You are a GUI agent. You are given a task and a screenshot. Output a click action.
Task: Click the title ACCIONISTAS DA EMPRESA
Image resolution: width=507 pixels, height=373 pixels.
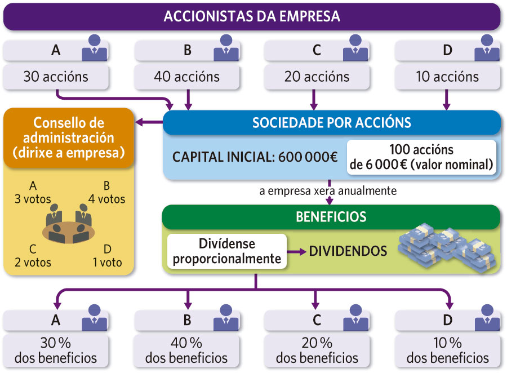[x=252, y=16]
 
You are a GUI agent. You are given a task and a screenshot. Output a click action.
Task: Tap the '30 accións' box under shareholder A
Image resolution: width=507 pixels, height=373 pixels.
[x=56, y=77]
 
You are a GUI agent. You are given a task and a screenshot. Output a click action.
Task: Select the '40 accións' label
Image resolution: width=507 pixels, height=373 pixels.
[x=186, y=77]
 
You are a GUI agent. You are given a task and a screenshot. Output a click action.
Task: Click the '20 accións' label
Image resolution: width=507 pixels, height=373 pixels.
[x=317, y=77]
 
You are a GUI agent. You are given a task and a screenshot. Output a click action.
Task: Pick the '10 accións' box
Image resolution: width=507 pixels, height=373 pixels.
[x=447, y=77]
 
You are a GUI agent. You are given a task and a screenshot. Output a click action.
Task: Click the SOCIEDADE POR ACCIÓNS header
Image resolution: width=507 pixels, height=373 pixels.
[x=331, y=123]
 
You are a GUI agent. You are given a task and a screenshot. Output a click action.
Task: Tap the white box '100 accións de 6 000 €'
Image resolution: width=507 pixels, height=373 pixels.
[x=421, y=158]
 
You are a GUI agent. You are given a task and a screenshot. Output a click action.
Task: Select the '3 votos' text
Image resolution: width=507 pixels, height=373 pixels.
[x=33, y=199]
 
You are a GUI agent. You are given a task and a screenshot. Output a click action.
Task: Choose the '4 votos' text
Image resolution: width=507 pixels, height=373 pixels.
[x=106, y=199]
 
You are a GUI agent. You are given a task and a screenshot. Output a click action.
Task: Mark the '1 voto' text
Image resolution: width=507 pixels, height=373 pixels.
[x=107, y=262]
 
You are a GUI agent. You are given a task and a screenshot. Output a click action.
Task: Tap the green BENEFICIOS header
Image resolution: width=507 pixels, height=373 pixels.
[x=331, y=217]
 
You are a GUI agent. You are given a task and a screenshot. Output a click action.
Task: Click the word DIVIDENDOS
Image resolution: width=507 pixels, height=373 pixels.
[x=348, y=251]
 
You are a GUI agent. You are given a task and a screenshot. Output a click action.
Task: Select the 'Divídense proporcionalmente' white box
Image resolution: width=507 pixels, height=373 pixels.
[x=226, y=251]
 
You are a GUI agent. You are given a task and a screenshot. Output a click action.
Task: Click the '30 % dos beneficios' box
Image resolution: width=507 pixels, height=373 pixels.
[x=56, y=350]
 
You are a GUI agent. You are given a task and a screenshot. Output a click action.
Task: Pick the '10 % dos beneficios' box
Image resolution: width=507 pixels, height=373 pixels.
[x=447, y=350]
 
